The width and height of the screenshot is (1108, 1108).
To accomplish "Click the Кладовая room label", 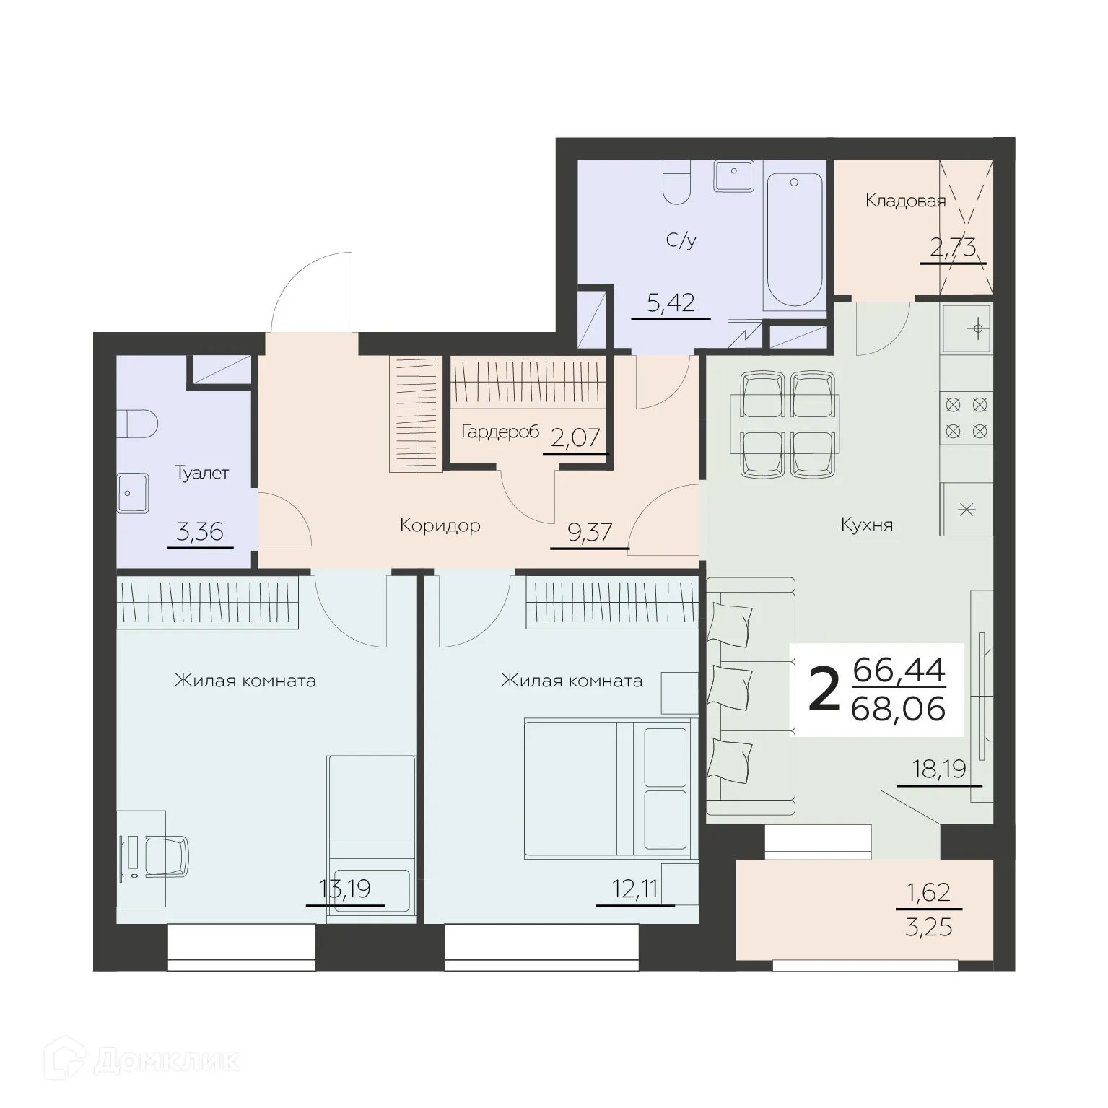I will (904, 201).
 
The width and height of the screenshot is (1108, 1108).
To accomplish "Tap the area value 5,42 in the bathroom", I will (671, 302).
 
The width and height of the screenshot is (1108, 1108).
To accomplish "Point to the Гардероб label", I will (500, 432).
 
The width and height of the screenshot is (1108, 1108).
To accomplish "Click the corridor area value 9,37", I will (590, 533).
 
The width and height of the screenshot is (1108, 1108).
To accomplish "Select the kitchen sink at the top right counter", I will (967, 328).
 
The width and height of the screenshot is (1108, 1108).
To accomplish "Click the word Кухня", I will (867, 525).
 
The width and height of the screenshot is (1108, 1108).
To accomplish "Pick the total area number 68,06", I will (898, 710).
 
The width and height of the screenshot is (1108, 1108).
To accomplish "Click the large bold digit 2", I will (824, 690).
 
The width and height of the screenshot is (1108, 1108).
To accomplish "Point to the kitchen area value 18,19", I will (939, 769).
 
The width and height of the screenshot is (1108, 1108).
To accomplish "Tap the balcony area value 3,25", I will (928, 926).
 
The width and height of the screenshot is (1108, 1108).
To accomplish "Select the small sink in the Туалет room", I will (132, 493).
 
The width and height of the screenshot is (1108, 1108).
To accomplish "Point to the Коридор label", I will (440, 525).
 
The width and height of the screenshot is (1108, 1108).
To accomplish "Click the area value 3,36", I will (200, 532).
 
